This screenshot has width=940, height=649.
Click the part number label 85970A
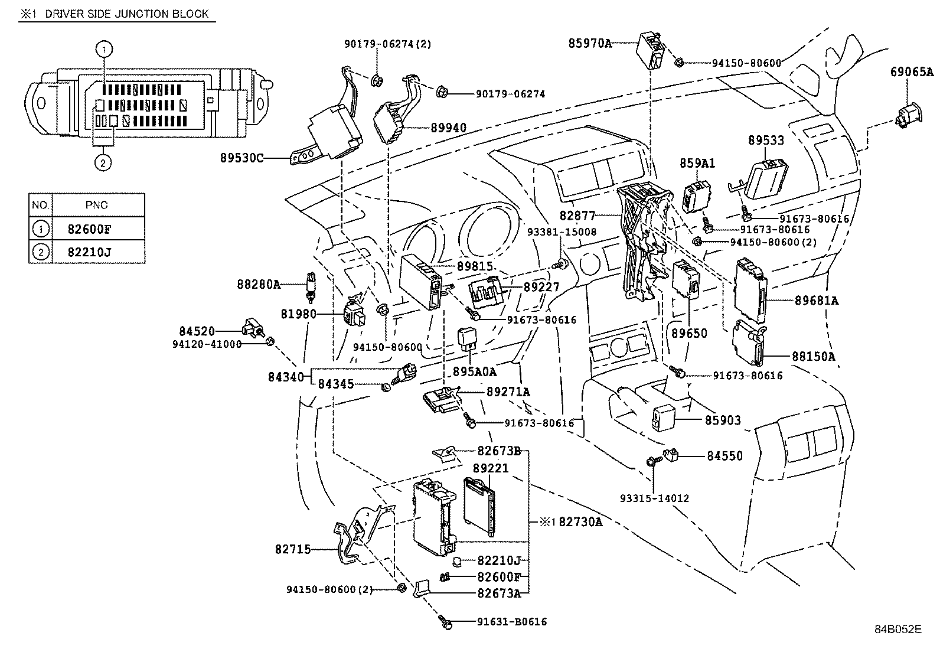click(590, 43)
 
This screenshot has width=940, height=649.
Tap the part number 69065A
click(912, 72)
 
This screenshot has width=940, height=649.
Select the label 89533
click(766, 141)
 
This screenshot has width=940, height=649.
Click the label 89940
click(448, 128)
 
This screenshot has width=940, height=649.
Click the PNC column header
click(97, 205)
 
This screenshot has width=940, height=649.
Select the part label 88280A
click(259, 284)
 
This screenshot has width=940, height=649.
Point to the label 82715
click(292, 549)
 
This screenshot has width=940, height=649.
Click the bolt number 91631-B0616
click(511, 621)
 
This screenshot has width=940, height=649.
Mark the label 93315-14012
click(654, 498)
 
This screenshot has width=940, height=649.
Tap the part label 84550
click(725, 456)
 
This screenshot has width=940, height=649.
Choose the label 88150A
click(814, 356)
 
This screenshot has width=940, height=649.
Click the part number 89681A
click(816, 301)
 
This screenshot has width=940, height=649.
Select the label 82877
click(577, 216)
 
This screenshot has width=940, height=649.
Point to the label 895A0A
click(474, 371)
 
